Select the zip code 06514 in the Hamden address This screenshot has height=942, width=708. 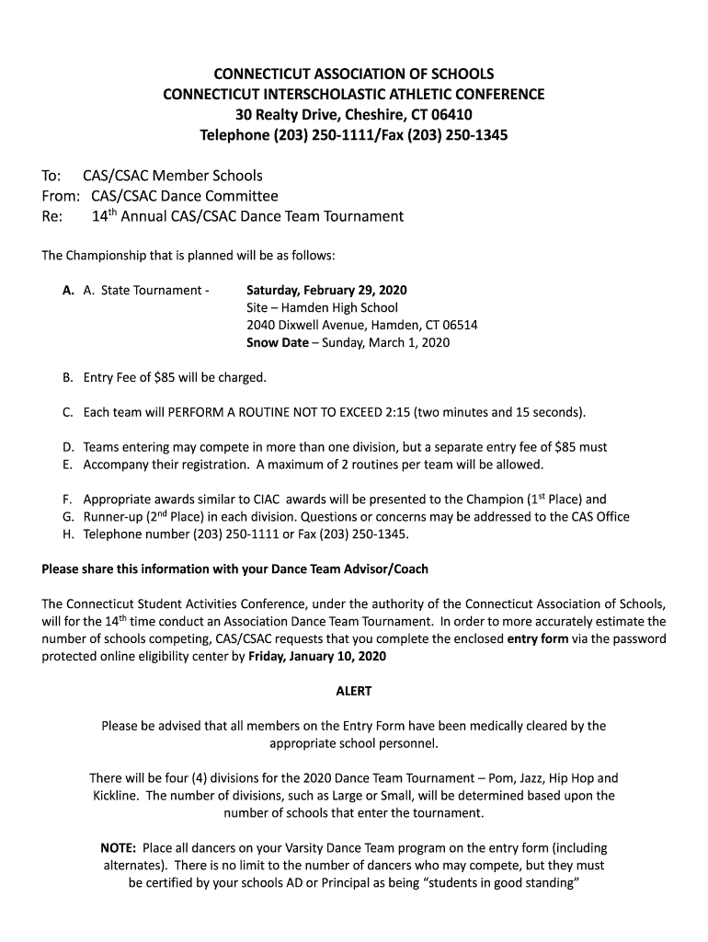458,326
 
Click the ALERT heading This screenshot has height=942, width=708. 353,691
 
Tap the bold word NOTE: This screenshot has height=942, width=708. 119,848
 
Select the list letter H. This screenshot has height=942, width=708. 67,534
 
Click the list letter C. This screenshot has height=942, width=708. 67,411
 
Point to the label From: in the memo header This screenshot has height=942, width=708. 61,196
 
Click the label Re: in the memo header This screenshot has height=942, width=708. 52,217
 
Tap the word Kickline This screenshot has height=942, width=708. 115,796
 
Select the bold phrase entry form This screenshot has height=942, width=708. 537,638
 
